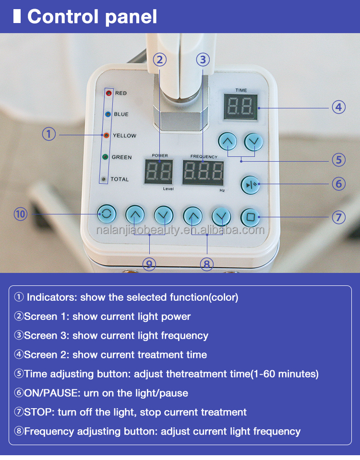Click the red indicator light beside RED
pos(108,93)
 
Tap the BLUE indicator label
pos(121,114)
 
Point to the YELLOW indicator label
pos(124,136)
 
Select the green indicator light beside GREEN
pos(104,157)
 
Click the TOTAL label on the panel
pos(120,179)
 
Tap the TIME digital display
pos(240,106)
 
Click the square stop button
pos(250,217)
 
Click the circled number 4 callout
pos(339,107)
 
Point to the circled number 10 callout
pos(21,214)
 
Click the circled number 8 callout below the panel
pos(207,264)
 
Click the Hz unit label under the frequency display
pos(222,190)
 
